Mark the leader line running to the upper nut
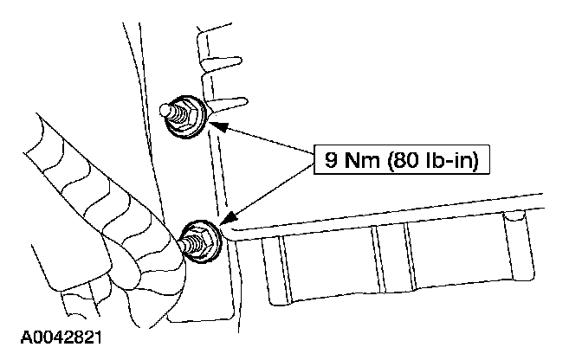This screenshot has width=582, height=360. point(264,144)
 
